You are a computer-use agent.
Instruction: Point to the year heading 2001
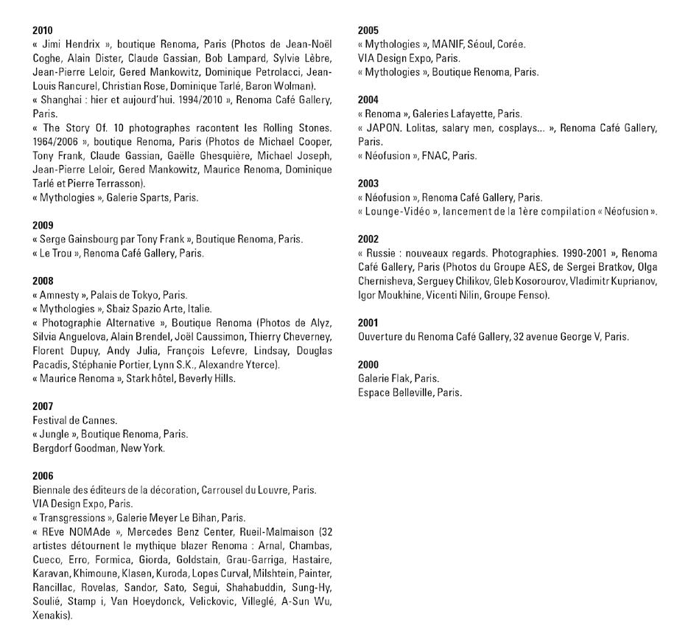pos(368,323)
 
